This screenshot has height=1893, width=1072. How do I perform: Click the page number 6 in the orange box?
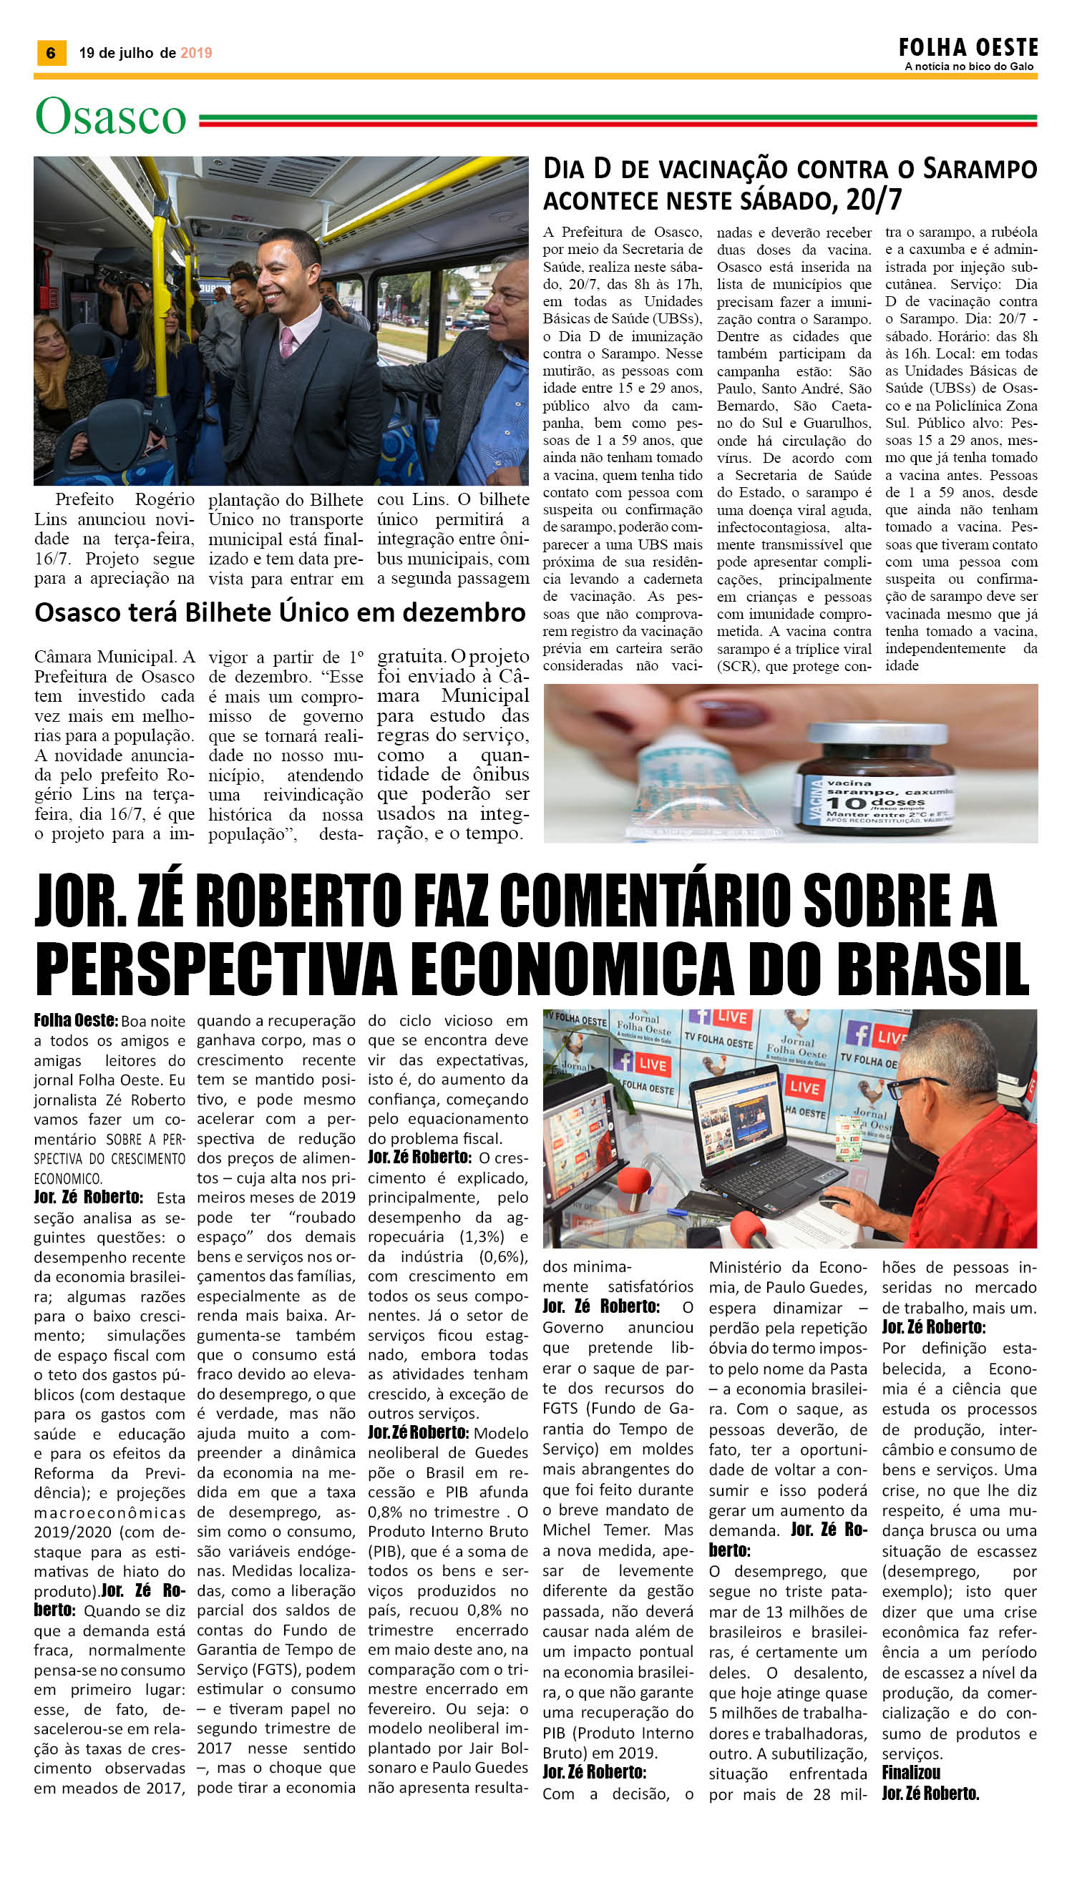[x=51, y=53]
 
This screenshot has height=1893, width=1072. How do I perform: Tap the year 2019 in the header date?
[x=196, y=53]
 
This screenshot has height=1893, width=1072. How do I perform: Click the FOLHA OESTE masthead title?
[x=968, y=48]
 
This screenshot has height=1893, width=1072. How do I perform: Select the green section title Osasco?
[x=110, y=117]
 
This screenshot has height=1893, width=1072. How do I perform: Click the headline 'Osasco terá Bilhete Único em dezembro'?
[x=280, y=612]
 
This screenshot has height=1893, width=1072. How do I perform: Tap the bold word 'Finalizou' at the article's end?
[x=911, y=1772]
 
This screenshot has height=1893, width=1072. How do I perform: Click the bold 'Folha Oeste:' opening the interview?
[x=75, y=1020]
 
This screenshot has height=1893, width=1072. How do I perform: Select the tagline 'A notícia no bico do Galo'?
[x=969, y=67]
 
